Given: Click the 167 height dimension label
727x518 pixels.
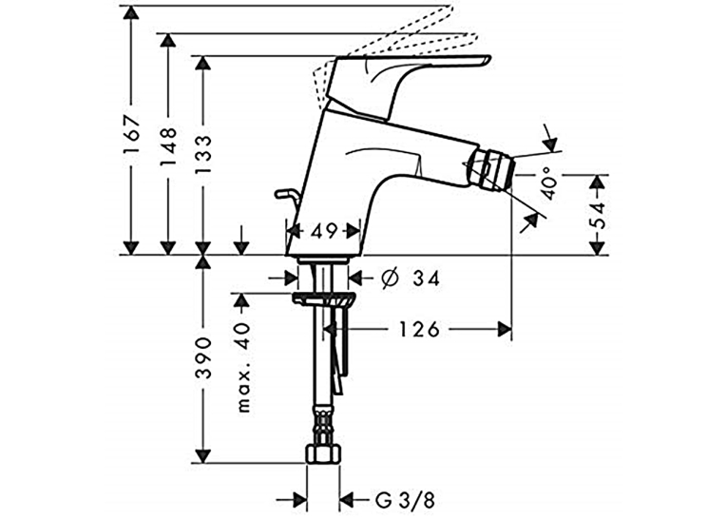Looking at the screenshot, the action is [x=132, y=134].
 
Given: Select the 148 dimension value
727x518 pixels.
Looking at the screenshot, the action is [x=167, y=146].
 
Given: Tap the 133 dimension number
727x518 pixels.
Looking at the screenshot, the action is [x=203, y=155].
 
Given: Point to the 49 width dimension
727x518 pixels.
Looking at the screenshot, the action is [x=323, y=231].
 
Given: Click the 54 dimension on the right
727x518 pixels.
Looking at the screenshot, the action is [x=599, y=215].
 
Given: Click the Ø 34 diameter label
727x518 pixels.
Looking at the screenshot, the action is [x=410, y=278].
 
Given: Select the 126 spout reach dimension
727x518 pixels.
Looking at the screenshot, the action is [x=419, y=330].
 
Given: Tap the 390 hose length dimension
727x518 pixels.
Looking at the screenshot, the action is [x=203, y=358].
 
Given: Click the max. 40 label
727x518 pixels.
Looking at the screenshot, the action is [x=243, y=368].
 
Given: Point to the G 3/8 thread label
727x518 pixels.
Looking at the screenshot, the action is [x=405, y=500].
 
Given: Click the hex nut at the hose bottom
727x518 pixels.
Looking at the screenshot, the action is [x=324, y=454].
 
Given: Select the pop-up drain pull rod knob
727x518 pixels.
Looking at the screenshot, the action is [x=283, y=193].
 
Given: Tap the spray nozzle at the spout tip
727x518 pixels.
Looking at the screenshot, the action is [x=492, y=170].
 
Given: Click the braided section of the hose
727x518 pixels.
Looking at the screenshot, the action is [x=323, y=425].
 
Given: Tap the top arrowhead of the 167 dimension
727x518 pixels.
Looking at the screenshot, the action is [x=132, y=12].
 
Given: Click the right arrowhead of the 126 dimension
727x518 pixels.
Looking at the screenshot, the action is [x=505, y=330].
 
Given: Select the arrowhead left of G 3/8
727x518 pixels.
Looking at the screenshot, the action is [x=299, y=500].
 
